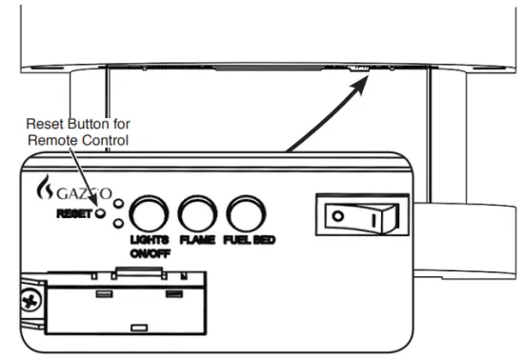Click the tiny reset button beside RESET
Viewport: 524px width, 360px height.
pos(100,212)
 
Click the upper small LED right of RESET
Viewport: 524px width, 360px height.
pos(117,203)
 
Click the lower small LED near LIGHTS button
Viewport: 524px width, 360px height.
pos(117,223)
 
